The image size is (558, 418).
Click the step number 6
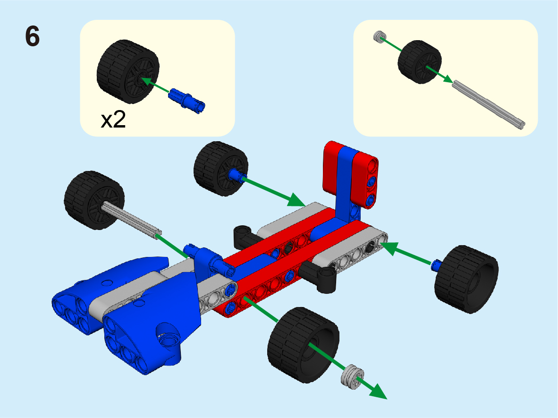pos(33,36)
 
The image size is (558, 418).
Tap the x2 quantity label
pos(113,120)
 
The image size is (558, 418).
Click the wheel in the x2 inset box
pos(128,72)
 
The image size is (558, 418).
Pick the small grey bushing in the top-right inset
pos(380,36)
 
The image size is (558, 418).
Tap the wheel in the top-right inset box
pos(419,61)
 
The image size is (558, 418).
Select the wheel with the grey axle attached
pos(94,200)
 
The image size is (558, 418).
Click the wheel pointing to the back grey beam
pos(220,169)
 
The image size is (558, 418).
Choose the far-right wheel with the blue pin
pos(466,279)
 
